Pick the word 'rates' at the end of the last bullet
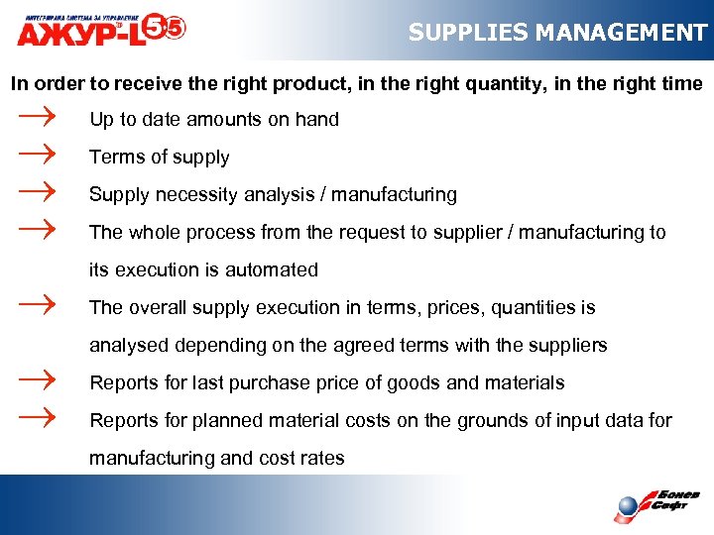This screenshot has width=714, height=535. point(320,459)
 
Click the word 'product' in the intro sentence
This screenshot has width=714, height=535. point(257,84)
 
